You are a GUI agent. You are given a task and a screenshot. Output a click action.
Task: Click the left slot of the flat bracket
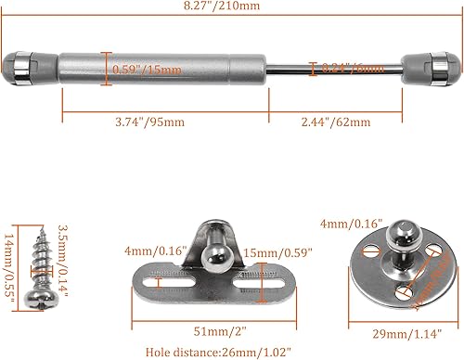167,280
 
